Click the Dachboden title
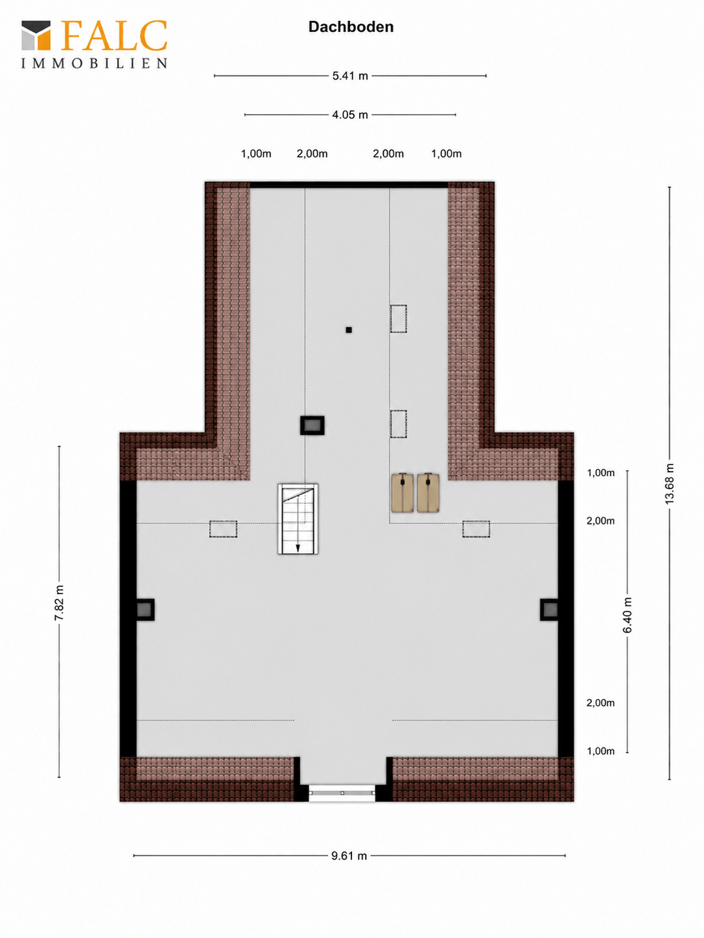tap(351, 27)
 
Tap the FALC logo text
tap(113, 36)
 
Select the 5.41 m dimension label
tap(350, 76)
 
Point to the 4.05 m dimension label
tap(350, 115)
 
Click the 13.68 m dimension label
tap(669, 484)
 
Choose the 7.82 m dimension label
tap(59, 603)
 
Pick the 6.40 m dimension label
tap(627, 615)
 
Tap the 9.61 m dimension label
tap(349, 856)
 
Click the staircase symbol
tap(298, 519)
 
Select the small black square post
tap(349, 330)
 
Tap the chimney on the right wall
tap(549, 610)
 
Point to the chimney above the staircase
tap(312, 425)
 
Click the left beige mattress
tap(403, 492)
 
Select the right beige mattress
tap(428, 492)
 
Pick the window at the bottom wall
tap(342, 793)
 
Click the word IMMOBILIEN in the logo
tap(94, 64)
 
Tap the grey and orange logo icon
tap(37, 35)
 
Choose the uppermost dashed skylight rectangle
tap(398, 319)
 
